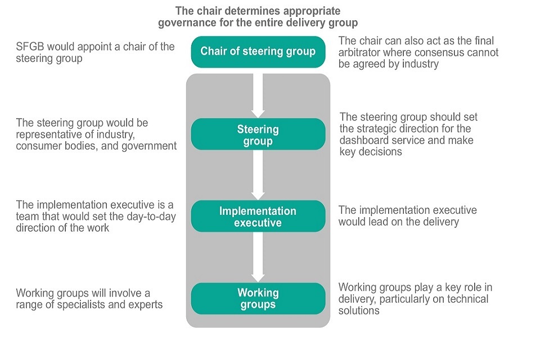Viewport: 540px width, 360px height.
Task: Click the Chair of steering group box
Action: click(x=258, y=52)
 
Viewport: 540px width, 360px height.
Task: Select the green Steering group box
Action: click(x=258, y=134)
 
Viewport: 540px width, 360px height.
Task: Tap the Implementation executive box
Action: click(x=258, y=217)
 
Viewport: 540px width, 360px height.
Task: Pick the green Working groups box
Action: click(x=258, y=299)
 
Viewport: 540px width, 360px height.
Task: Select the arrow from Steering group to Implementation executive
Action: click(x=258, y=175)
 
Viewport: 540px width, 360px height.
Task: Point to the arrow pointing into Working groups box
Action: click(x=258, y=258)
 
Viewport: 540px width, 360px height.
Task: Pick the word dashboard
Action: click(x=369, y=140)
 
